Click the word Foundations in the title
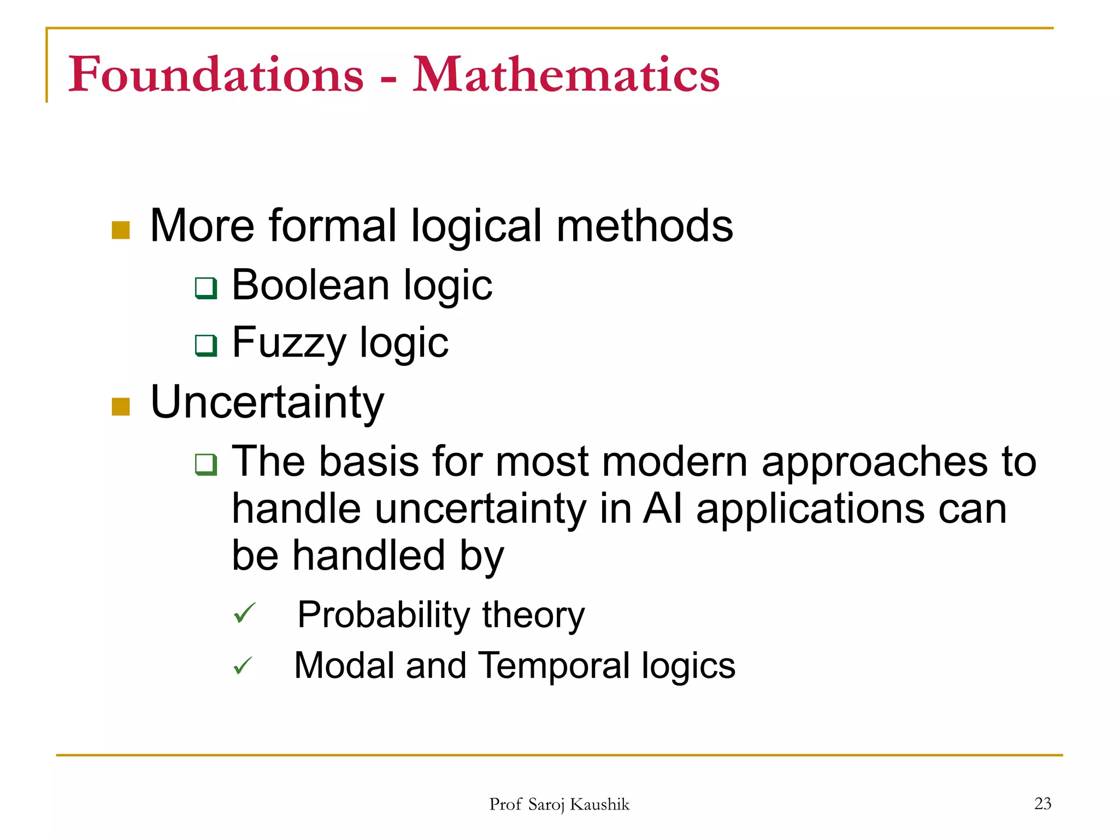(x=216, y=75)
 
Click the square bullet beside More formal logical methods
(x=120, y=230)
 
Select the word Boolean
(x=310, y=285)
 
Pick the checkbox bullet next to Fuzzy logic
(x=206, y=345)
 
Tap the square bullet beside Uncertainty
(x=120, y=406)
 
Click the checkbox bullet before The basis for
(x=206, y=464)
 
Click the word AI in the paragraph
(x=662, y=509)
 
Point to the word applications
(x=810, y=510)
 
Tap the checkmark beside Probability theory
(x=244, y=613)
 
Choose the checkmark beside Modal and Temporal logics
(x=243, y=665)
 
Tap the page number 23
(x=1043, y=803)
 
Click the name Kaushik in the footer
(x=599, y=804)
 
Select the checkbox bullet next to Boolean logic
(x=206, y=288)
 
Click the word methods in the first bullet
(x=644, y=226)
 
